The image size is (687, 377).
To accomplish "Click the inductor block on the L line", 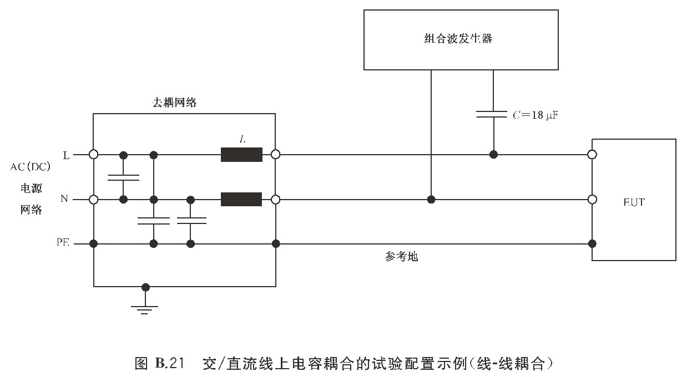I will pyautogui.click(x=241, y=155).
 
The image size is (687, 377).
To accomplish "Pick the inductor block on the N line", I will pyautogui.click(x=241, y=199).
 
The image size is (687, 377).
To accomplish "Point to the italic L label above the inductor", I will pyautogui.click(x=242, y=140).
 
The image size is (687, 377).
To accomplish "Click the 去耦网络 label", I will pyautogui.click(x=175, y=103).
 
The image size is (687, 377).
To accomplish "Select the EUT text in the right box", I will pyautogui.click(x=634, y=202).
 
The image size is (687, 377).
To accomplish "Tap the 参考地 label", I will pyautogui.click(x=401, y=257).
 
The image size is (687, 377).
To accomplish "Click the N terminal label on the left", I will pyautogui.click(x=64, y=199).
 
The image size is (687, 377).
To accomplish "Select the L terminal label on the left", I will pyautogui.click(x=66, y=155).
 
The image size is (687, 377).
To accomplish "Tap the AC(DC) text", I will pyautogui.click(x=30, y=167).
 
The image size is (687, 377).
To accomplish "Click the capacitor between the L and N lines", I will pyautogui.click(x=123, y=177).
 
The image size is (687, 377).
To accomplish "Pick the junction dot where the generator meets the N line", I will pyautogui.click(x=431, y=199).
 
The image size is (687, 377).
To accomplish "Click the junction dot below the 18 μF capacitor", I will pyautogui.click(x=493, y=155).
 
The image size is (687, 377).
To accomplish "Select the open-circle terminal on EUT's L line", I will pyautogui.click(x=592, y=155).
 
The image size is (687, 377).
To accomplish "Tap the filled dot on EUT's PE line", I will pyautogui.click(x=592, y=243).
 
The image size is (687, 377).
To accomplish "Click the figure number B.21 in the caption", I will pyautogui.click(x=169, y=364).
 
